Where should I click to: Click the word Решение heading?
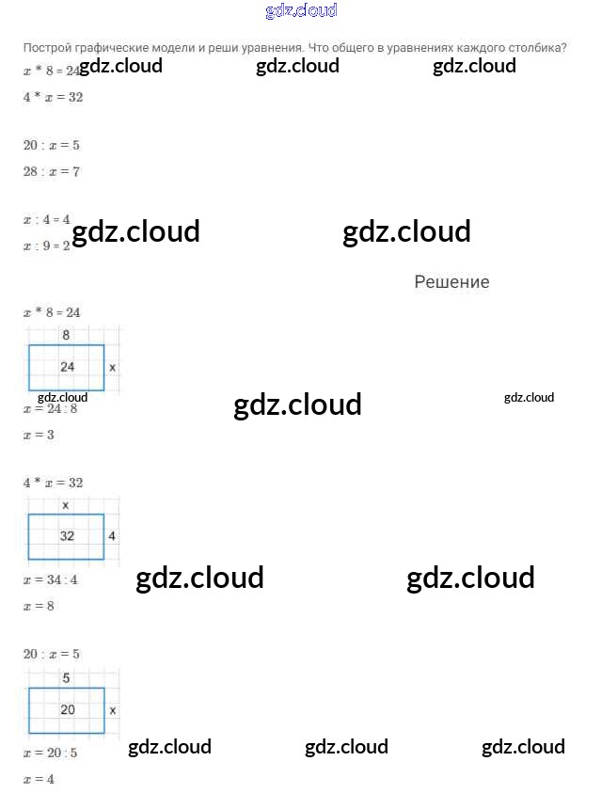[x=451, y=282]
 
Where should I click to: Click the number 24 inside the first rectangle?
[x=68, y=367]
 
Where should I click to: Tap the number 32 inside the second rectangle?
[x=68, y=536]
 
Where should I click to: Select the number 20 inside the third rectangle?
[x=68, y=710]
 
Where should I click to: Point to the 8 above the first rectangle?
[x=66, y=335]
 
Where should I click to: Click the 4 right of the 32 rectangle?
[x=112, y=536]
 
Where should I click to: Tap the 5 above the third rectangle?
[x=66, y=678]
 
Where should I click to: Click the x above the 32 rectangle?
[x=65, y=505]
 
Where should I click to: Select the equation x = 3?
[x=39, y=436]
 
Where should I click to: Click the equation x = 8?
[x=39, y=607]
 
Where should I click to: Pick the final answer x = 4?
[x=39, y=780]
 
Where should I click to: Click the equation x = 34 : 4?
[x=51, y=580]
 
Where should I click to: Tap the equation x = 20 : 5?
[x=51, y=753]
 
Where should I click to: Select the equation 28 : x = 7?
[x=52, y=172]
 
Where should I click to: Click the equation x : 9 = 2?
[x=47, y=246]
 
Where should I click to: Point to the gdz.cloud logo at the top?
[x=301, y=11]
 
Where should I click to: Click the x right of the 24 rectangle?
[x=112, y=367]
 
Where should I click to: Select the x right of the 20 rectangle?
[x=112, y=710]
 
